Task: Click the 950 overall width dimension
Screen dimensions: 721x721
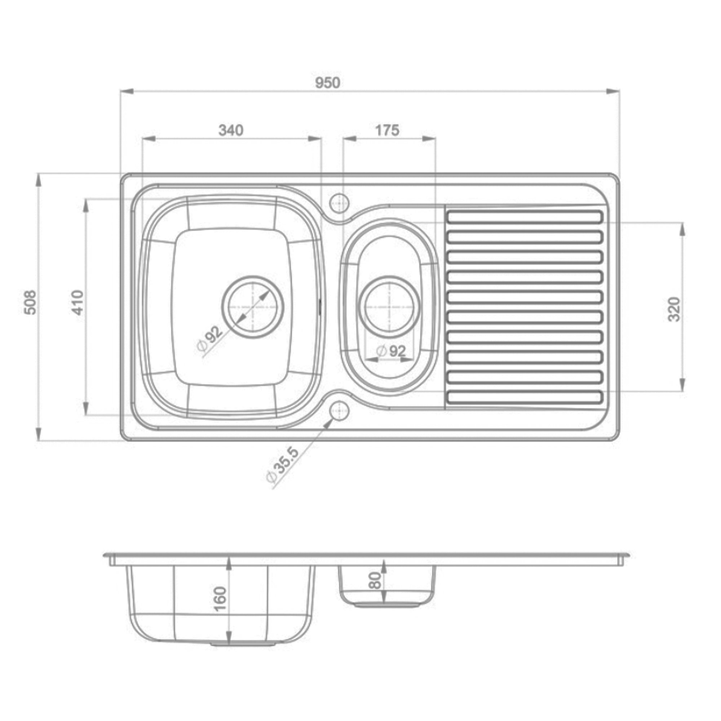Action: pyautogui.click(x=327, y=83)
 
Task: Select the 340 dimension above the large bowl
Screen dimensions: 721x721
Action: pyautogui.click(x=231, y=130)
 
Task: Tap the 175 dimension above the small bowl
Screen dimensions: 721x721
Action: pyautogui.click(x=387, y=130)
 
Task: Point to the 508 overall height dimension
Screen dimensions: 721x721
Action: pyautogui.click(x=31, y=302)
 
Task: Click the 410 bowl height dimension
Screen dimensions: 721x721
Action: pyautogui.click(x=78, y=302)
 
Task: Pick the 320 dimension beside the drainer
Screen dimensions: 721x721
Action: pyautogui.click(x=674, y=309)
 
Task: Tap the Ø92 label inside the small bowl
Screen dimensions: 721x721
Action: pyautogui.click(x=391, y=351)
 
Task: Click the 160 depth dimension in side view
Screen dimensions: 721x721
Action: pyautogui.click(x=220, y=598)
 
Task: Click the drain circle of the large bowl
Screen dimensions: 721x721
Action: pyautogui.click(x=253, y=307)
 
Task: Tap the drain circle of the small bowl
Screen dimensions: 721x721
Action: pyautogui.click(x=389, y=307)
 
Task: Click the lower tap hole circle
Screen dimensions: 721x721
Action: pyautogui.click(x=339, y=411)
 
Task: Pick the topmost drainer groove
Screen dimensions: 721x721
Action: pyautogui.click(x=524, y=216)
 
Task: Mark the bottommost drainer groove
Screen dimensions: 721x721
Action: pyautogui.click(x=524, y=397)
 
